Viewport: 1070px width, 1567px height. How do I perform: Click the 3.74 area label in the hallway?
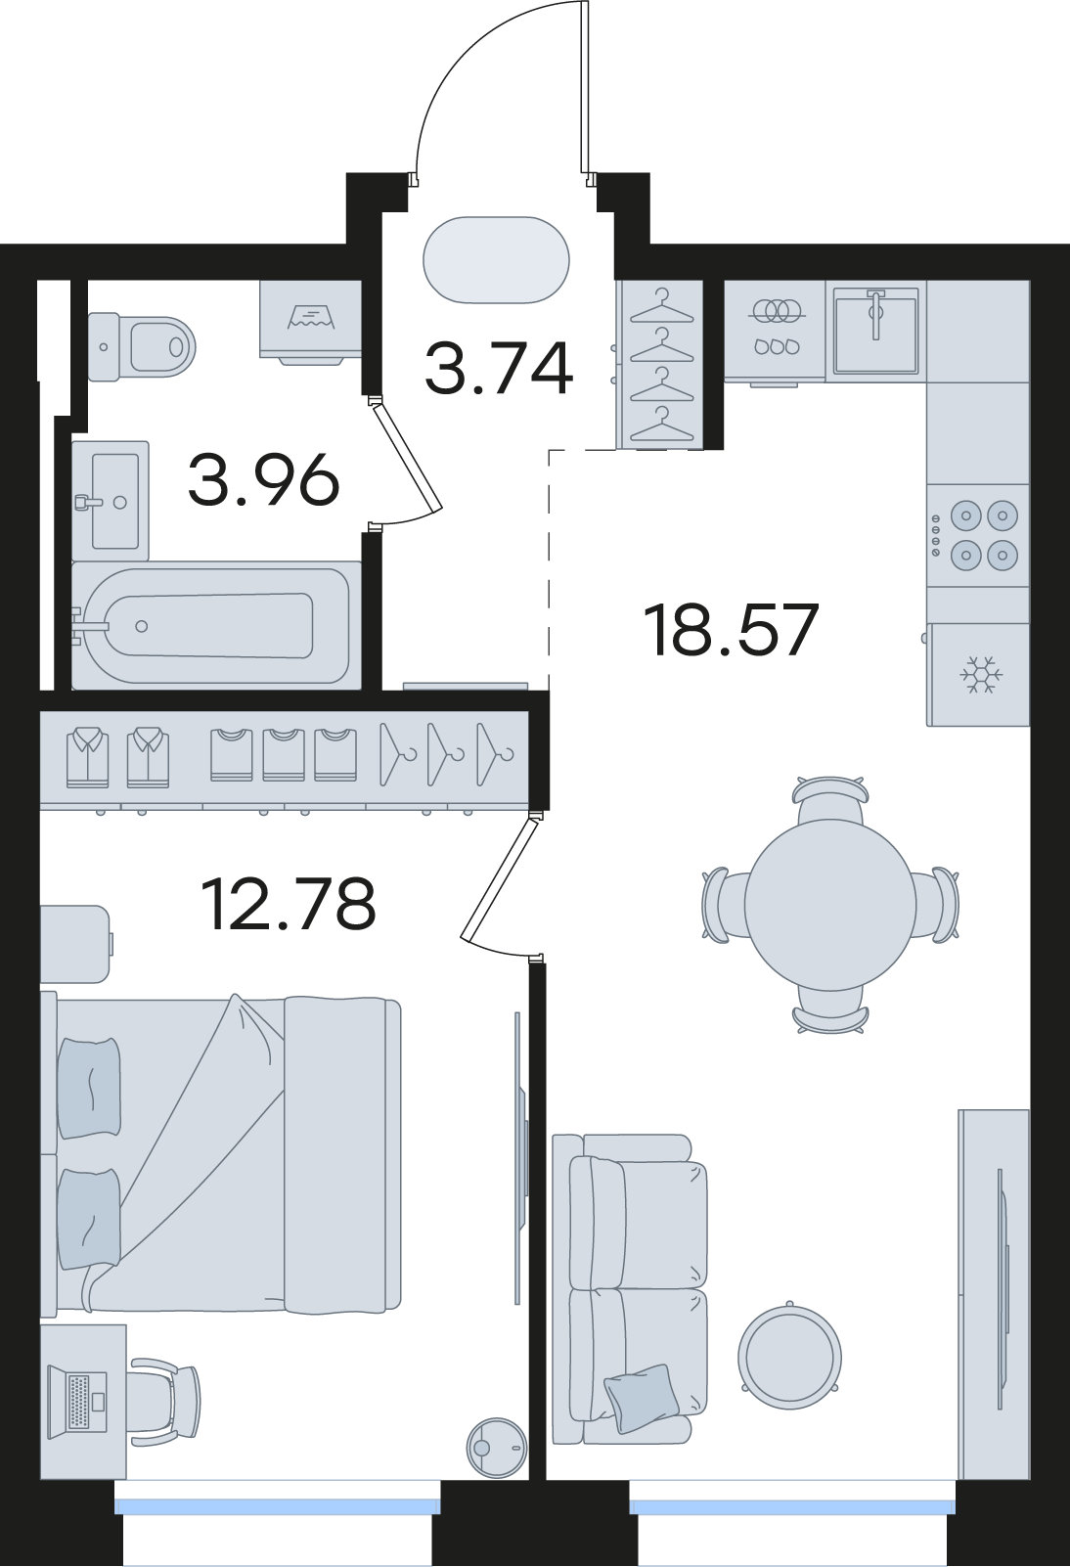point(499,368)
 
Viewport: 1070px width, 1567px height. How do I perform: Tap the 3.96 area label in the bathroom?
point(264,479)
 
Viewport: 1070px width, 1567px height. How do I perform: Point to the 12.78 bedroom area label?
point(289,905)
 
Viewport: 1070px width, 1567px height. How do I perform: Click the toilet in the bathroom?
point(141,346)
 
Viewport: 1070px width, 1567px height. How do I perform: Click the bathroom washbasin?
point(111,500)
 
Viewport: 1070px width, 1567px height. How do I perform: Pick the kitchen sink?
point(875,331)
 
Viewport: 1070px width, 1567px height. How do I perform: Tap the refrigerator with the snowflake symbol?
point(978,675)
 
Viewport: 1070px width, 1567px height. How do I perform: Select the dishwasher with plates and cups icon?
point(775,331)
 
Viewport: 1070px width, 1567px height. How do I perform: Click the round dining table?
point(830,905)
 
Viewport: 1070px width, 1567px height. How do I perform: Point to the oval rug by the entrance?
point(496,259)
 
